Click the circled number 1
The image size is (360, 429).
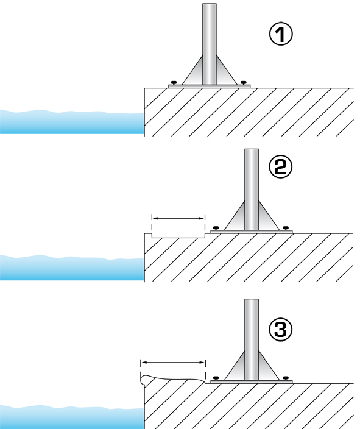(x=281, y=34)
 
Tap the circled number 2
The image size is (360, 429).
(x=281, y=167)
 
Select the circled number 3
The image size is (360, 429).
(x=281, y=330)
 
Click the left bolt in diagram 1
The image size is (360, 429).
(x=174, y=82)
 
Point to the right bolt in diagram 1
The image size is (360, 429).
(x=244, y=82)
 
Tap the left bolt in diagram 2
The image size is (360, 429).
(x=216, y=228)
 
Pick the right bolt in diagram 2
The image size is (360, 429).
(x=286, y=228)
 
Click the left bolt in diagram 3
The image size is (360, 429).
(x=216, y=378)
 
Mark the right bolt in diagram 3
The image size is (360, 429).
(x=286, y=378)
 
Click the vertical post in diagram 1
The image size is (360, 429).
(x=210, y=44)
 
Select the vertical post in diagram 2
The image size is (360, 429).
(x=252, y=190)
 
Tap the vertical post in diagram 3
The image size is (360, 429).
(x=252, y=339)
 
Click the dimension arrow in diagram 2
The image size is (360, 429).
(x=178, y=218)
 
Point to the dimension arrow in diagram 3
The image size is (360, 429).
(x=173, y=363)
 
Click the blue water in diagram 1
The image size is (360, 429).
(x=72, y=122)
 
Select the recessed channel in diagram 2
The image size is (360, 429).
(x=178, y=236)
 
